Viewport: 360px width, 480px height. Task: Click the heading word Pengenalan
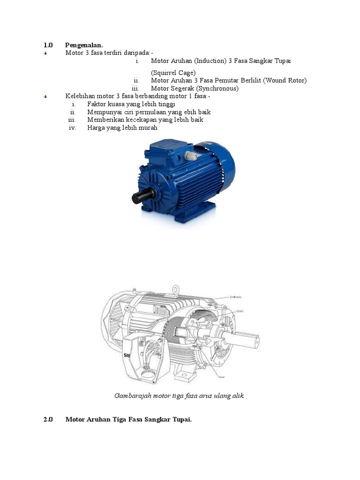[x=84, y=45]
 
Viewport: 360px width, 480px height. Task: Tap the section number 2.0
[x=48, y=420]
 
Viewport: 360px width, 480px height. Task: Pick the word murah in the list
[x=148, y=127]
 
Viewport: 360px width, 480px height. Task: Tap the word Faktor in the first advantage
[x=97, y=104]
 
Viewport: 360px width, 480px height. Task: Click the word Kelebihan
[x=80, y=96]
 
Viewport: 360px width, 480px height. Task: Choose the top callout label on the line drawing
[x=236, y=297]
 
